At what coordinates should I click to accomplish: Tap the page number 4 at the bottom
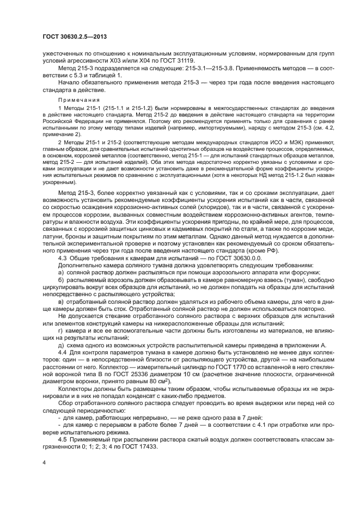coord(44,462)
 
